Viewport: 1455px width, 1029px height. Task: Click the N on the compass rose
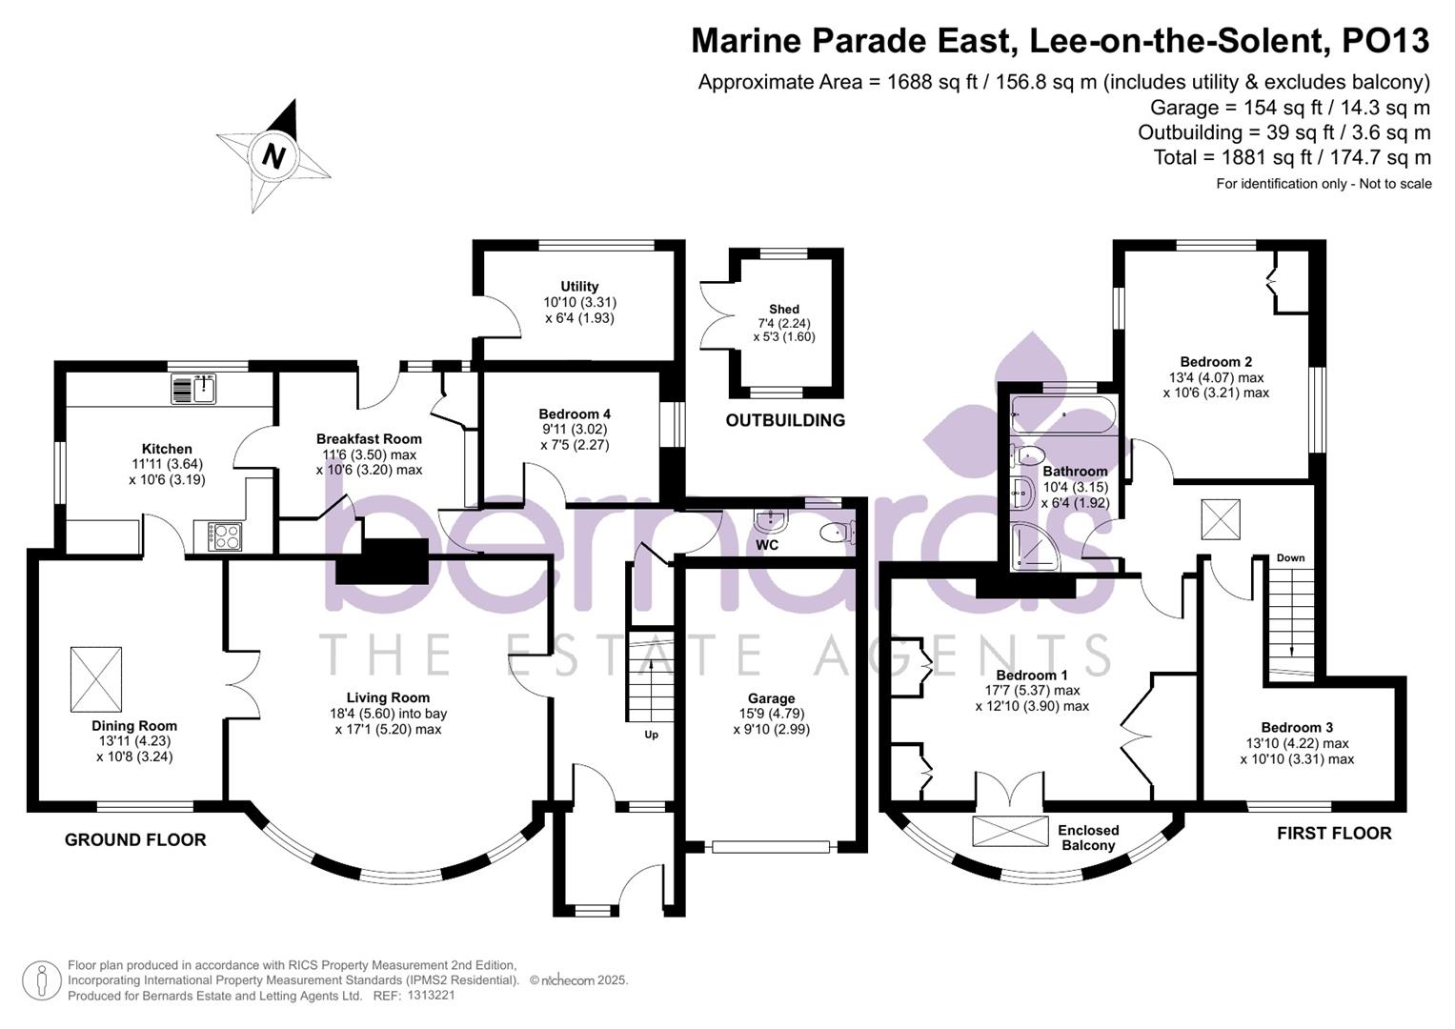coord(274,155)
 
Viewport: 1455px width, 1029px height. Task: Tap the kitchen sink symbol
coord(195,389)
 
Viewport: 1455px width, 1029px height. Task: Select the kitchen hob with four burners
coord(225,536)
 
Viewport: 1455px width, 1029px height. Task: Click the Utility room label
coord(579,286)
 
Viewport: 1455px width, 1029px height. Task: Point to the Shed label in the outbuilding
coord(784,309)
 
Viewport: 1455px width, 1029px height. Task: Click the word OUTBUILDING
coord(785,420)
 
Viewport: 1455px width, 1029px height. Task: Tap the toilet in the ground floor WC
coord(836,532)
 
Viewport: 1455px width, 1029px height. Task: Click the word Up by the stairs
coord(652,735)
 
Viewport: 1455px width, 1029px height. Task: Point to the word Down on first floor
coord(1290,558)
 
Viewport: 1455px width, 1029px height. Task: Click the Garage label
coord(771,698)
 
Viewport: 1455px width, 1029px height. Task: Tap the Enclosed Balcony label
coord(1088,837)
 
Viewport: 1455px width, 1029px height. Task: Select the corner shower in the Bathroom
coord(1033,547)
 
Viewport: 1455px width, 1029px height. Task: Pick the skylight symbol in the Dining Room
coord(96,678)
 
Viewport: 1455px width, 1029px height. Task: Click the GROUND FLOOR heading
coord(135,839)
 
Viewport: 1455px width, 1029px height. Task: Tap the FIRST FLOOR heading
coord(1334,834)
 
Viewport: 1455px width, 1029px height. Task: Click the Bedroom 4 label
coord(575,414)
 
